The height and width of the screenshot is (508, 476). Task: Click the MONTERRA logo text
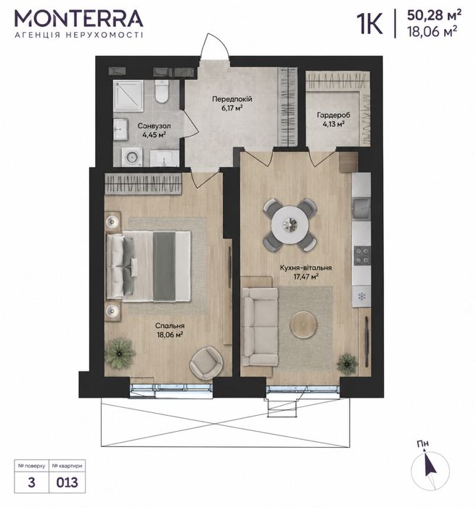click(x=79, y=19)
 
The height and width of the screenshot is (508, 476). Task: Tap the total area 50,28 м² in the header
click(x=434, y=15)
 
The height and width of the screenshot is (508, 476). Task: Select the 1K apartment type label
click(x=370, y=23)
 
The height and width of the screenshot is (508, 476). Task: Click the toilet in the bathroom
click(x=162, y=91)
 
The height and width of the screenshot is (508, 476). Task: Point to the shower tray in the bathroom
click(x=128, y=96)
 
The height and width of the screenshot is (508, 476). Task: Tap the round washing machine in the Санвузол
click(x=132, y=157)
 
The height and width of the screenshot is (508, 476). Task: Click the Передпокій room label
click(x=232, y=99)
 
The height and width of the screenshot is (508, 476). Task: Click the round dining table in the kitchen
click(x=290, y=224)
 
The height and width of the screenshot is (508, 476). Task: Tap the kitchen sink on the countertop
click(x=361, y=208)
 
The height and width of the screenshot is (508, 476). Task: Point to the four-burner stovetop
click(x=362, y=255)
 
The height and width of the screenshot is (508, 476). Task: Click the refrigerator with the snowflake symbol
click(x=361, y=296)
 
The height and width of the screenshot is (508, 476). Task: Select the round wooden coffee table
click(x=304, y=325)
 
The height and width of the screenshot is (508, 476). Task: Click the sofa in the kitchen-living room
click(x=260, y=327)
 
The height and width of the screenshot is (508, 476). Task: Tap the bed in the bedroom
click(x=149, y=266)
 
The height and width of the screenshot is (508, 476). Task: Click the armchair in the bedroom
click(x=206, y=363)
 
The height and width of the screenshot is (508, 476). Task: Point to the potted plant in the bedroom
click(x=120, y=353)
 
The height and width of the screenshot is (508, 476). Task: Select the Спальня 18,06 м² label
click(x=170, y=330)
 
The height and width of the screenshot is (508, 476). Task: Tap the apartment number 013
click(x=67, y=483)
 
